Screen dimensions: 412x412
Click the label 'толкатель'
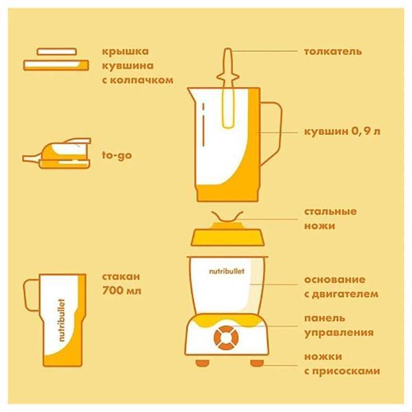333,51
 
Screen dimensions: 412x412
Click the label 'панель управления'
339,325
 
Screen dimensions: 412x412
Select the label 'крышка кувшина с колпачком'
135,65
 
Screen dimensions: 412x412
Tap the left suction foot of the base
202,362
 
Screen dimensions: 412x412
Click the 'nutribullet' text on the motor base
227,272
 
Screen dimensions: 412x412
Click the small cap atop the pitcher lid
57,51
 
